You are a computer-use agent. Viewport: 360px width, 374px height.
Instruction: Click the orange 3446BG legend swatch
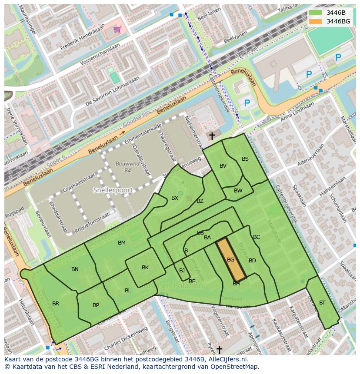click(316, 21)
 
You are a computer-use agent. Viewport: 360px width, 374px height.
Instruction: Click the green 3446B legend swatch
click(316, 13)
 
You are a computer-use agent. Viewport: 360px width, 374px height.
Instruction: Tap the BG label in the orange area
click(230, 260)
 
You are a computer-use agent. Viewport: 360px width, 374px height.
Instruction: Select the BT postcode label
click(322, 303)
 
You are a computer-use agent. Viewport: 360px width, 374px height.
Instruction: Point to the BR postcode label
click(56, 304)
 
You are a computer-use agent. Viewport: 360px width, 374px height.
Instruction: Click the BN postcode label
click(75, 269)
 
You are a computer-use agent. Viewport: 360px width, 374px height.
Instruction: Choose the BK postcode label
click(145, 268)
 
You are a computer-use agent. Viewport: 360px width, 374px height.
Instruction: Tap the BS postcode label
click(245, 159)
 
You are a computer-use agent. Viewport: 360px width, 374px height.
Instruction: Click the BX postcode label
click(175, 198)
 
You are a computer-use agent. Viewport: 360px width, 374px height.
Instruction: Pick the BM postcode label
click(122, 243)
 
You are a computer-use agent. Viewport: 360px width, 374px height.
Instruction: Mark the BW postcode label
click(238, 191)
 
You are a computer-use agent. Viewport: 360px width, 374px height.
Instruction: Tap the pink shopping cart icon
click(117, 30)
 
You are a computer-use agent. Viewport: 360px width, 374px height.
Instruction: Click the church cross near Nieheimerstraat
click(212, 136)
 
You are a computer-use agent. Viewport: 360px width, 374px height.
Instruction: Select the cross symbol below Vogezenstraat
click(219, 349)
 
